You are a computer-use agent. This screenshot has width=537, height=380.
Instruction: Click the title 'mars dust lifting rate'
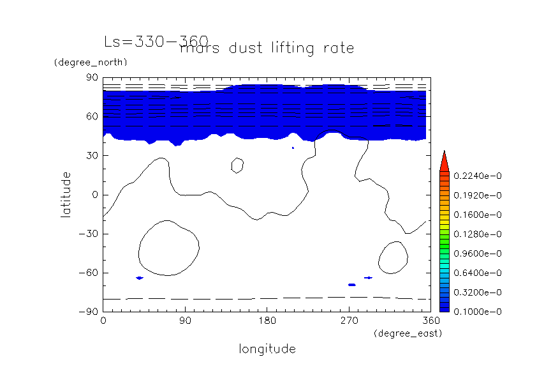(x=267, y=48)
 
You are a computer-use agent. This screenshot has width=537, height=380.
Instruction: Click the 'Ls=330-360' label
(x=156, y=42)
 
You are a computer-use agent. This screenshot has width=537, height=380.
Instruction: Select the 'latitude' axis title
(x=66, y=194)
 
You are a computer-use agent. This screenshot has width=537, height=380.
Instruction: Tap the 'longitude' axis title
(x=267, y=349)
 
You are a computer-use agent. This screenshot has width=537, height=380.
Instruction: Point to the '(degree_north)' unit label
(x=91, y=62)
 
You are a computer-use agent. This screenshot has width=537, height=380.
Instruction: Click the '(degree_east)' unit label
(x=408, y=333)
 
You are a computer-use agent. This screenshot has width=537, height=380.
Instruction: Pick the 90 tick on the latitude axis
(x=91, y=78)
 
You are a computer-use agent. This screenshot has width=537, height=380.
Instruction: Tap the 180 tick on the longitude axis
(x=267, y=320)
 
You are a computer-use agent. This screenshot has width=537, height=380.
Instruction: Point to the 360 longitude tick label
(x=430, y=320)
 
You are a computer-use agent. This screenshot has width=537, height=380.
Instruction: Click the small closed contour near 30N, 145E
(x=237, y=165)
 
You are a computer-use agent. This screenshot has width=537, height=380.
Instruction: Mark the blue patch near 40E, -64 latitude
(x=140, y=278)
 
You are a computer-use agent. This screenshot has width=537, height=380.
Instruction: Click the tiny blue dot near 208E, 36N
(x=293, y=148)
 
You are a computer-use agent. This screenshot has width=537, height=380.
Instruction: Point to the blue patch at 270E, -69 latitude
(x=351, y=285)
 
